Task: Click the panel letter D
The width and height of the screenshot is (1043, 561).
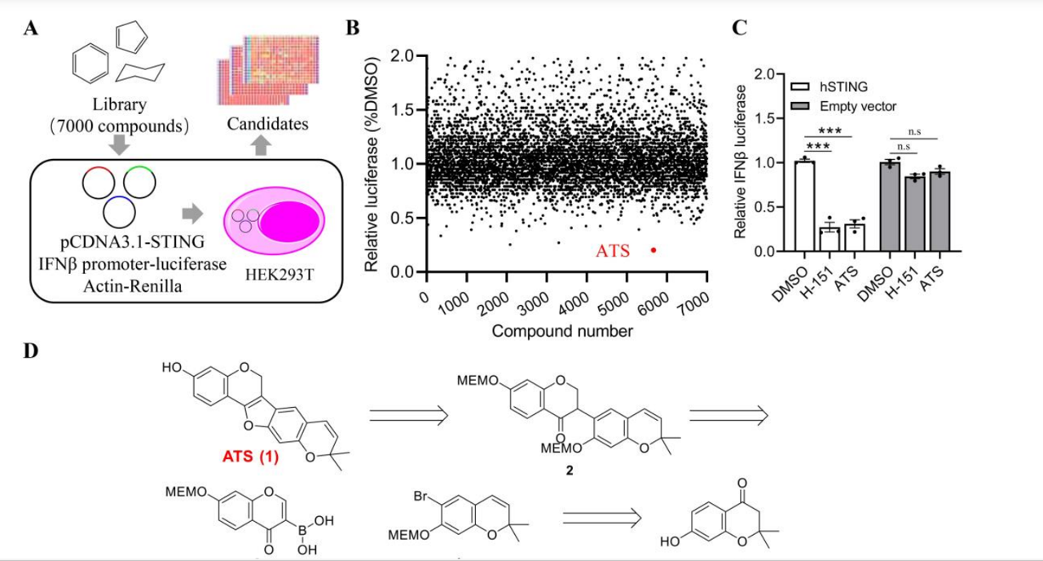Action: coord(30,352)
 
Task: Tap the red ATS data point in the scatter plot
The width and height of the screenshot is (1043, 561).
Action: coord(654,250)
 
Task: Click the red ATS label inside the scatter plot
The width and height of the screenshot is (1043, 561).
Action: coord(612,251)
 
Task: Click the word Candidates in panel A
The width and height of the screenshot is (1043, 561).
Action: coord(267,124)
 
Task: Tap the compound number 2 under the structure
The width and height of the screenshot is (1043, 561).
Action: coord(570,471)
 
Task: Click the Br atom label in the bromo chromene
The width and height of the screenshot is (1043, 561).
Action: coord(422,496)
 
